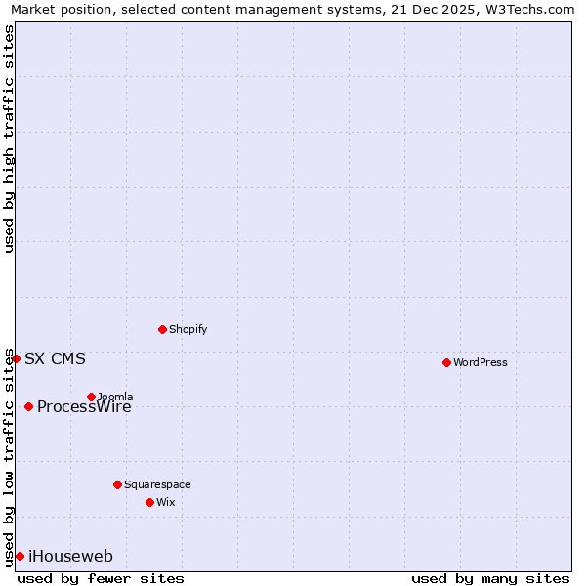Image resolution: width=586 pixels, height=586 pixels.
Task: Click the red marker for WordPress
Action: (446, 362)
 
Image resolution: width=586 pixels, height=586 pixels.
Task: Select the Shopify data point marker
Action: (162, 329)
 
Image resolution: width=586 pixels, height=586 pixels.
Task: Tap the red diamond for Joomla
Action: (91, 397)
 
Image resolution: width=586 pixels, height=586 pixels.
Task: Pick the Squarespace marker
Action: (117, 484)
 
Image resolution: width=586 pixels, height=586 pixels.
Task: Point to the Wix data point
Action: (149, 502)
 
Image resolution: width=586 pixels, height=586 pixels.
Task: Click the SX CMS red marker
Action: (16, 358)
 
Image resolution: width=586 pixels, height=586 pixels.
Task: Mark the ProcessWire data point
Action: (28, 406)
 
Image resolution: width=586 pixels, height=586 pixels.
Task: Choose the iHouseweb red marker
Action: (20, 556)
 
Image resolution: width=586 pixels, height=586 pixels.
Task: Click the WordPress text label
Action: (481, 362)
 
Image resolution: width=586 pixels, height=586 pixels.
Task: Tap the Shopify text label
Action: (188, 329)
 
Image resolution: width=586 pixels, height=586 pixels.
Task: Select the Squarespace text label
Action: (157, 484)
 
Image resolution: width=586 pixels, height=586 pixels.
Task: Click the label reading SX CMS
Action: (55, 358)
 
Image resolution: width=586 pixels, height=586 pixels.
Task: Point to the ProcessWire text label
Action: (84, 407)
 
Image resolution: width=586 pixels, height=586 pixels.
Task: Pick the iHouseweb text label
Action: (70, 557)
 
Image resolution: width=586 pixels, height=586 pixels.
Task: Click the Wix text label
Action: (166, 502)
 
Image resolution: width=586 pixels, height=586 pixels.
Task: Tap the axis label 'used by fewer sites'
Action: (101, 578)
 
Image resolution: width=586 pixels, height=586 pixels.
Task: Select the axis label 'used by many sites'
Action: (490, 578)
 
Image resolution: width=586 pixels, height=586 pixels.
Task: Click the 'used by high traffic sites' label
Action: (9, 139)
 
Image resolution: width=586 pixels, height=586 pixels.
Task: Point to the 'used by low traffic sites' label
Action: (9, 456)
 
